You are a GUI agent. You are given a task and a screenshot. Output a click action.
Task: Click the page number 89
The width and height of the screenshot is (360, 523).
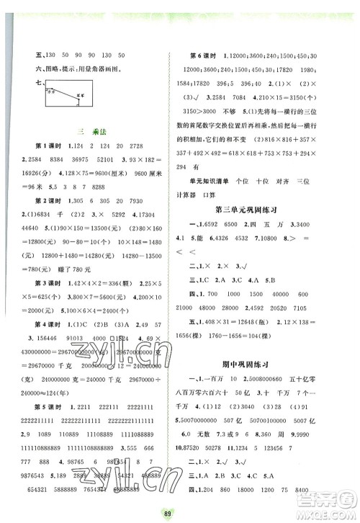click(180, 513)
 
